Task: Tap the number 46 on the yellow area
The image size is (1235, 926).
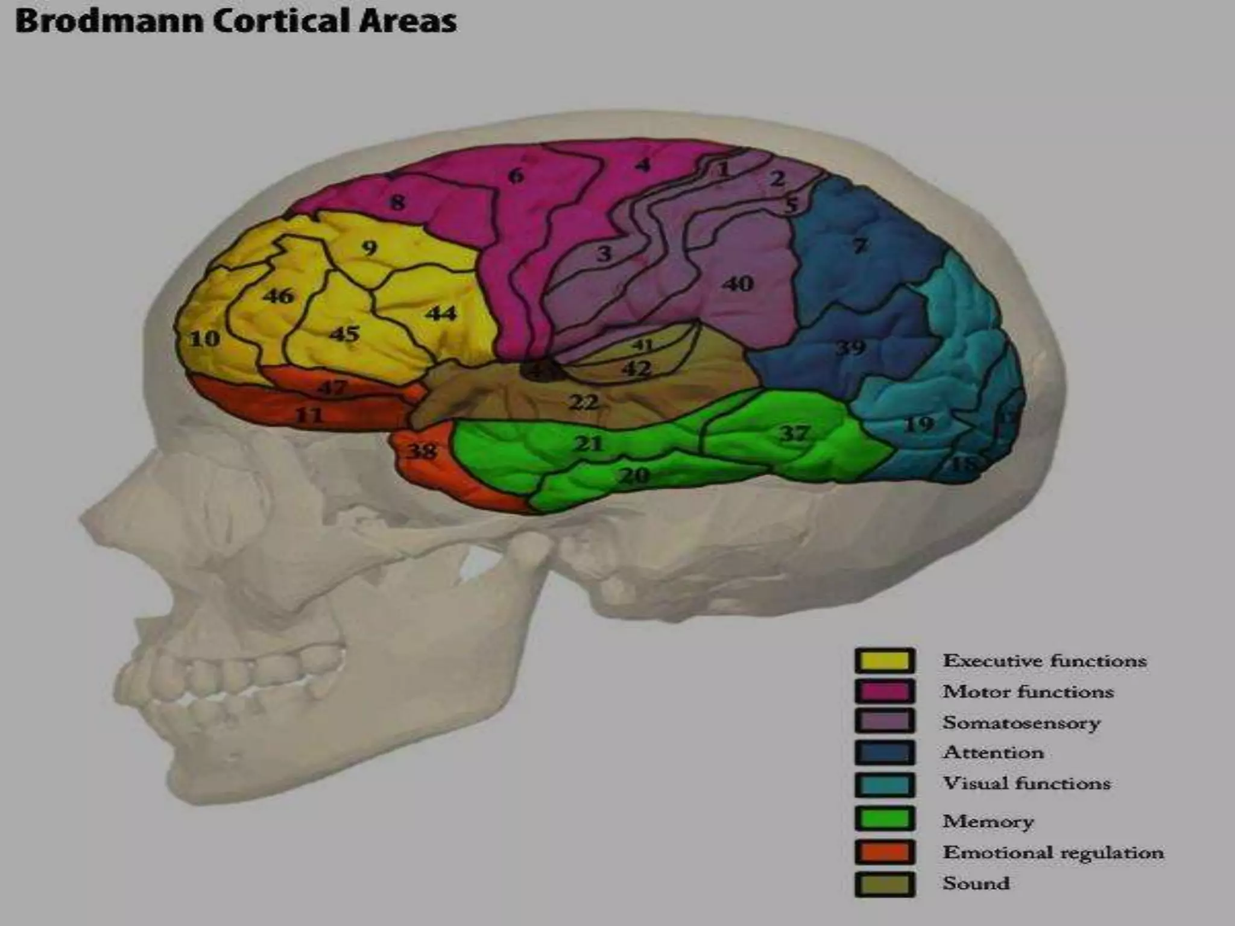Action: (278, 296)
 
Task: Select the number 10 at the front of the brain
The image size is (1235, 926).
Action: (205, 339)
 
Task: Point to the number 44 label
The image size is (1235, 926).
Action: (441, 313)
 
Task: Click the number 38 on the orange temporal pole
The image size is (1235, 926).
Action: (422, 451)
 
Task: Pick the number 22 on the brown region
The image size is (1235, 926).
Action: (584, 402)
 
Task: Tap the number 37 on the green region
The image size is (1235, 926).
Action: (794, 433)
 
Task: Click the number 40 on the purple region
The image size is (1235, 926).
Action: (738, 283)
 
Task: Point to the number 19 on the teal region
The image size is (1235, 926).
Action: (919, 424)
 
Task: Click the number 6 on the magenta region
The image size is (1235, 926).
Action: (516, 176)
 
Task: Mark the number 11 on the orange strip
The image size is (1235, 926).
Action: (309, 415)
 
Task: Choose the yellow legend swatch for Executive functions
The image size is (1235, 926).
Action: (885, 661)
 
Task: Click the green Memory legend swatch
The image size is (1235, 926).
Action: (885, 819)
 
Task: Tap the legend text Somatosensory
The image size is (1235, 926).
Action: (1022, 722)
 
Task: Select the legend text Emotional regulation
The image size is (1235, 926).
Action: (1053, 852)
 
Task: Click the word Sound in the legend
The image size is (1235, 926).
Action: (976, 883)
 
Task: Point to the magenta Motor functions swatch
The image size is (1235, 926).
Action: (885, 691)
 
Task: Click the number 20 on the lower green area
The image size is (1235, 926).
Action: (634, 476)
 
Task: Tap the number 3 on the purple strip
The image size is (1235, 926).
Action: (604, 254)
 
